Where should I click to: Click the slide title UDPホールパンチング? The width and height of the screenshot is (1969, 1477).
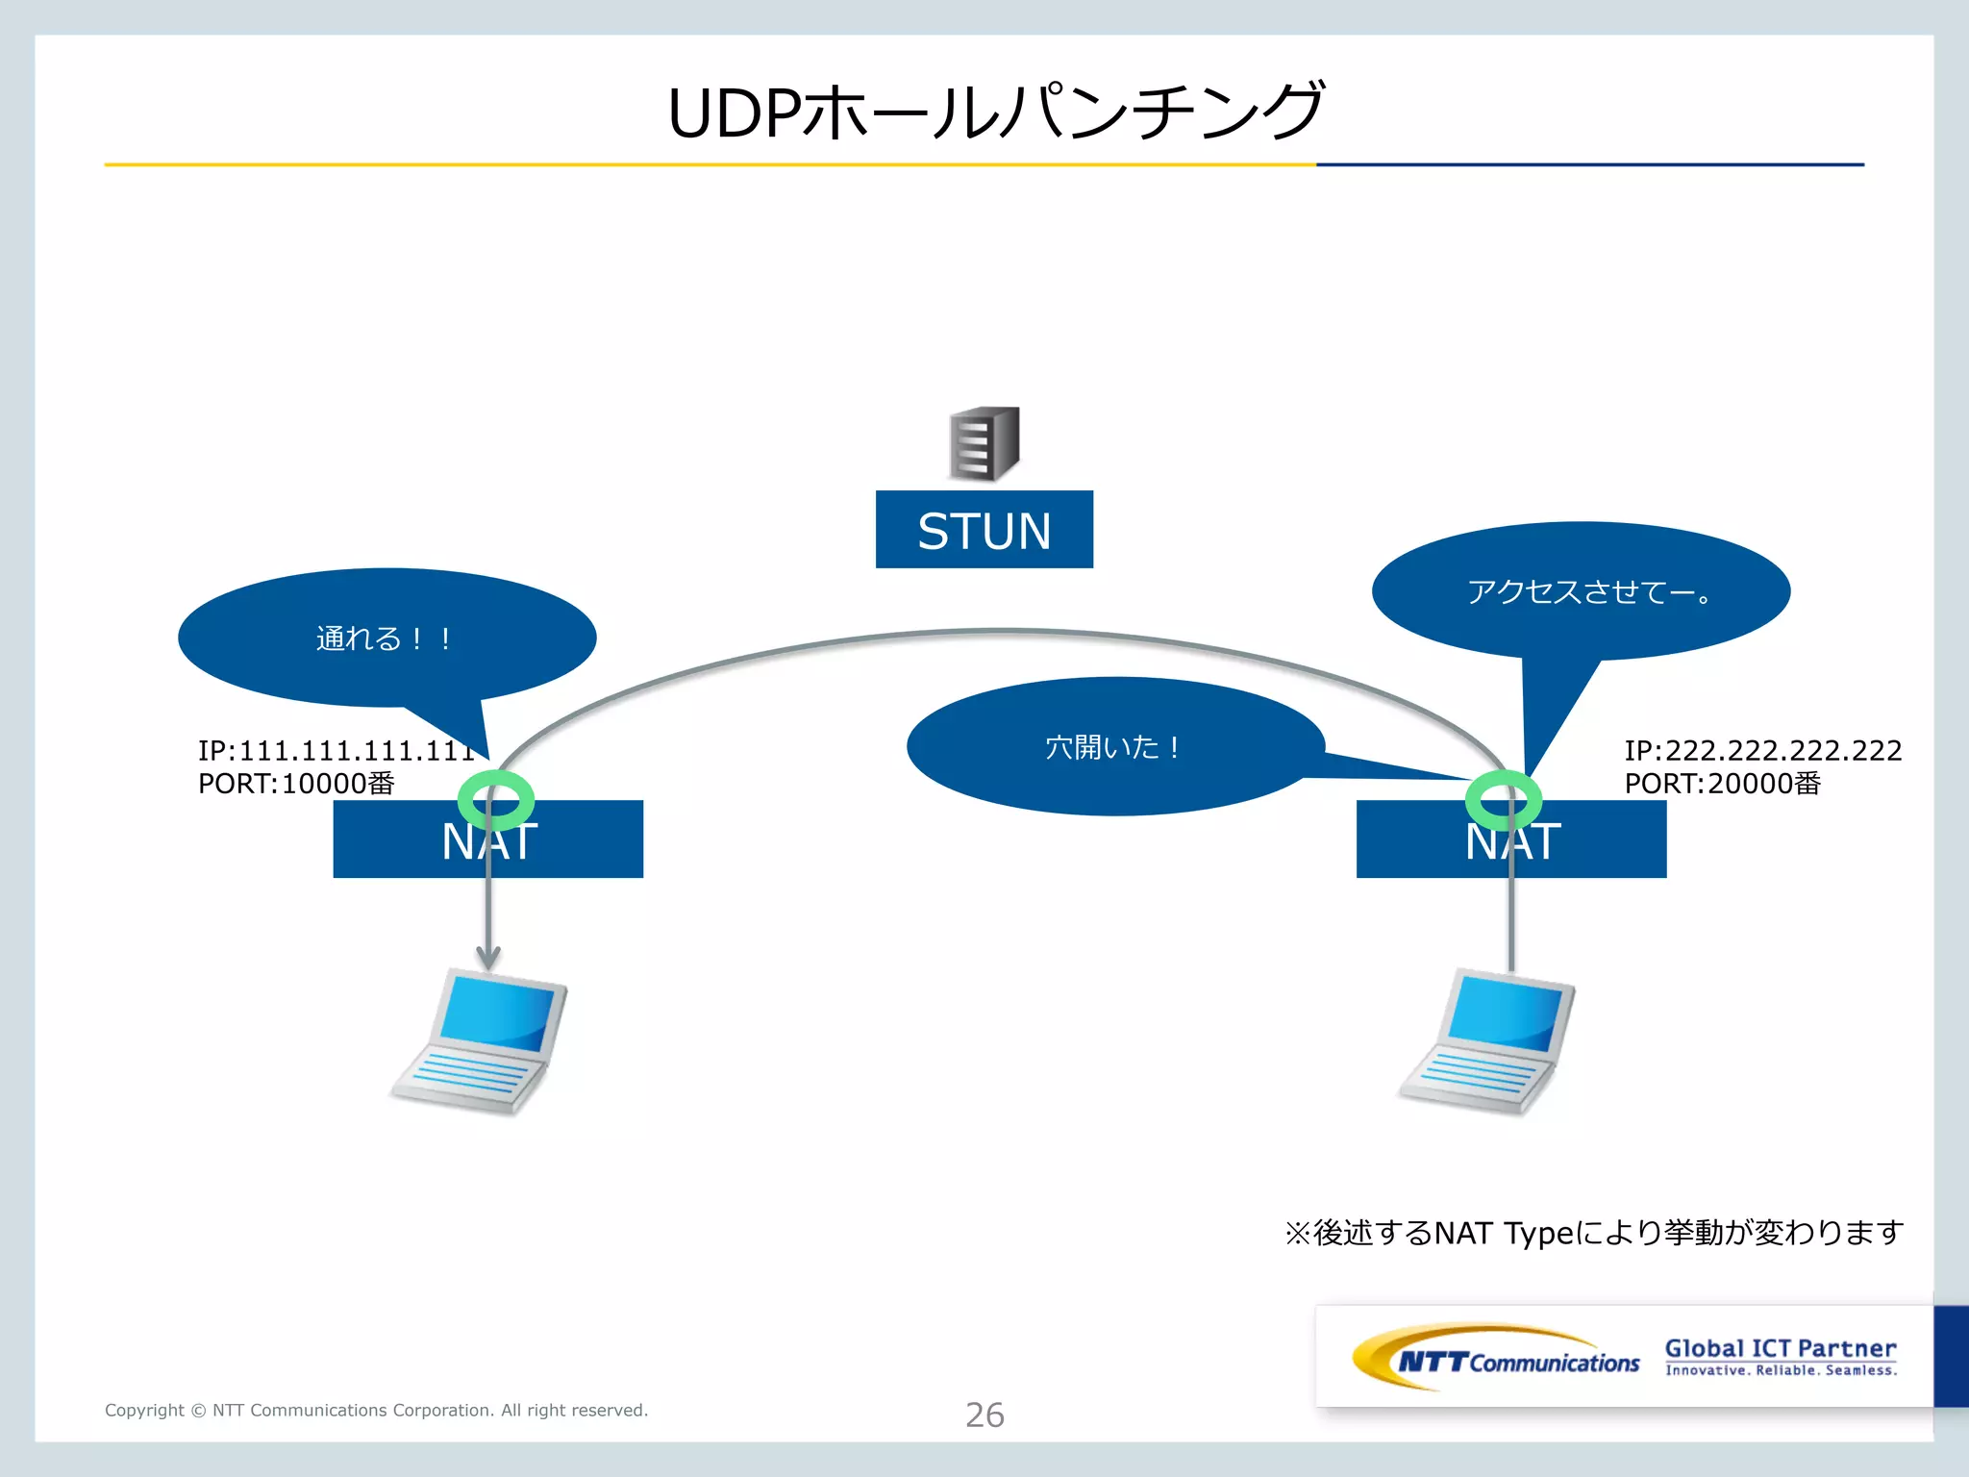(x=995, y=113)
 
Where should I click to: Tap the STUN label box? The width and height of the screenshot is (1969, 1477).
(x=984, y=530)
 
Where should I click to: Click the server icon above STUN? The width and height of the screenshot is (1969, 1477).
(x=984, y=443)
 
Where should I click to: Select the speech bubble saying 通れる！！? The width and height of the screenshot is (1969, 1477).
(x=385, y=638)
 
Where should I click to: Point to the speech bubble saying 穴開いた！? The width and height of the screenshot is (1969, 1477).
(x=1113, y=747)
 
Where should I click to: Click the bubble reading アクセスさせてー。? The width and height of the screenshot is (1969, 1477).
(x=1582, y=590)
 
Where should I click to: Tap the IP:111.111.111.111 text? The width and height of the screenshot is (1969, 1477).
(x=336, y=750)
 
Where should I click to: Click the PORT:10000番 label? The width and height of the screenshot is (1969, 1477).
(x=296, y=784)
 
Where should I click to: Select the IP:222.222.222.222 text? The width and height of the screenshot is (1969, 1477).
(x=1762, y=750)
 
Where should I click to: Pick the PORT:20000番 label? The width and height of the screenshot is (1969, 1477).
(x=1722, y=784)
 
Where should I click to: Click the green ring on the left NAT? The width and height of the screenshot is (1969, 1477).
(x=495, y=799)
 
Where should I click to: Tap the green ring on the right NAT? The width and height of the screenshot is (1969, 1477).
(x=1503, y=799)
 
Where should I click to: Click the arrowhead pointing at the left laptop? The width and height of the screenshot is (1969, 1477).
(x=488, y=958)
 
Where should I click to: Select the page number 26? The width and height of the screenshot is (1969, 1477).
(x=984, y=1414)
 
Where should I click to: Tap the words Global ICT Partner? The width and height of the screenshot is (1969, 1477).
(x=1780, y=1348)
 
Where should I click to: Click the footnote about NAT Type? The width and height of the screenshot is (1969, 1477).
(x=1593, y=1233)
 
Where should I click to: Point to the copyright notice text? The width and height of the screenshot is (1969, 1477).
(x=376, y=1411)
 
